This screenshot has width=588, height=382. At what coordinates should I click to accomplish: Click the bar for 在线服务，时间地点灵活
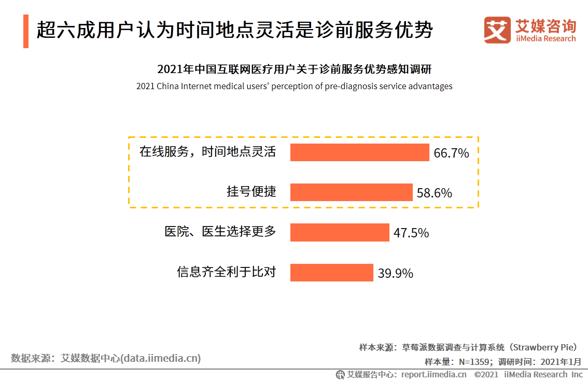click(x=359, y=152)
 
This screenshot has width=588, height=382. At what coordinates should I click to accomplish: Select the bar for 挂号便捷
click(x=351, y=192)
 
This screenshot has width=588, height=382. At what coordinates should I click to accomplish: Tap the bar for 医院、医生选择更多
click(x=339, y=232)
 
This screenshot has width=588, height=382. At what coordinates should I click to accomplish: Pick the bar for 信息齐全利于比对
click(x=331, y=273)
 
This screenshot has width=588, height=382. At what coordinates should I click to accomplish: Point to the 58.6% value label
click(x=434, y=193)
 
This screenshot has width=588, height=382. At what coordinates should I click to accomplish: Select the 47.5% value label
click(x=411, y=233)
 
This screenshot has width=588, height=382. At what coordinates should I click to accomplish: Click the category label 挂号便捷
click(x=251, y=192)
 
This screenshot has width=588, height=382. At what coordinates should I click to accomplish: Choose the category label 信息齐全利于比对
click(x=226, y=272)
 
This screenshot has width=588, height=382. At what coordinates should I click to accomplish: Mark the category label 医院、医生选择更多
click(x=220, y=232)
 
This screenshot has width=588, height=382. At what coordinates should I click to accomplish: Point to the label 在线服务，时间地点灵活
click(x=207, y=152)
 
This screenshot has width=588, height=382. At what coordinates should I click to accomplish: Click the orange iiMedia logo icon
click(x=497, y=30)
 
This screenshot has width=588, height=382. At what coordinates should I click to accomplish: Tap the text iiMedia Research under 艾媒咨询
click(x=545, y=39)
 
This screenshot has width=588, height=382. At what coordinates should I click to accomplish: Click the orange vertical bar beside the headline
click(x=26, y=32)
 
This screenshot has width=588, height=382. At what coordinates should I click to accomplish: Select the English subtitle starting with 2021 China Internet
click(x=294, y=87)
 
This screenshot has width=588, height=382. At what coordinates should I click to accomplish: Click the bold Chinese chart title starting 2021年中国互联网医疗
click(x=294, y=69)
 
